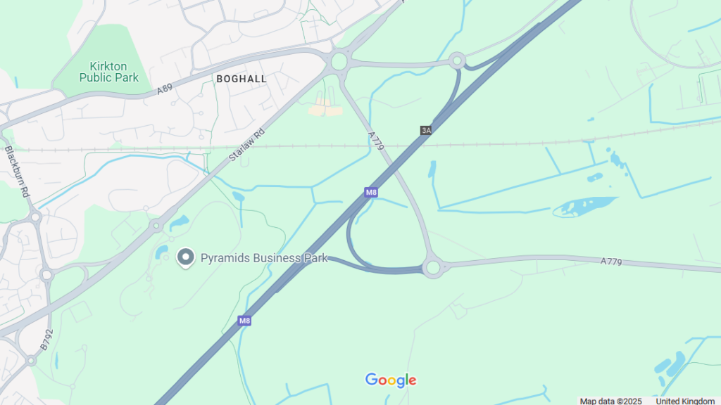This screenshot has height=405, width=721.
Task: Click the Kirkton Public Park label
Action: [108, 72]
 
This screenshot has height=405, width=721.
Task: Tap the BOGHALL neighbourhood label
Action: [242, 79]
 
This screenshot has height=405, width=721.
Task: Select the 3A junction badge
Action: [425, 130]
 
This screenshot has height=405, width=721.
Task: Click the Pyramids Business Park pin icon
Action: [185, 257]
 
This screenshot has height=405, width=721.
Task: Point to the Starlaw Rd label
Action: [247, 146]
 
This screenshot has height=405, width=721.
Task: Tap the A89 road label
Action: [164, 89]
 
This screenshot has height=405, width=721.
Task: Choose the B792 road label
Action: [46, 340]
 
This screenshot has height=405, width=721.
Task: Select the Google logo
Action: [391, 380]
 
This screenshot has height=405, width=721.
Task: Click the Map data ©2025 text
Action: [610, 401]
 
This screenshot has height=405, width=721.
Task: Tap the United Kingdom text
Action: [685, 401]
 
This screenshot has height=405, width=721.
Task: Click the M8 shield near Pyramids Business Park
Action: [244, 321]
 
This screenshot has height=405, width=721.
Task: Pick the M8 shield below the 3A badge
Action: [371, 192]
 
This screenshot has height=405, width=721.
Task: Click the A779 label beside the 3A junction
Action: [376, 141]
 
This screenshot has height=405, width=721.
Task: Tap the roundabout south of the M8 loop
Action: [432, 267]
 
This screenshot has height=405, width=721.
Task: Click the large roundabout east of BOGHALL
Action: [339, 62]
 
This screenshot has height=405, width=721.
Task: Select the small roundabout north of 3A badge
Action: [457, 60]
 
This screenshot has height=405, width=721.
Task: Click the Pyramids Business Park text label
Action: [264, 258]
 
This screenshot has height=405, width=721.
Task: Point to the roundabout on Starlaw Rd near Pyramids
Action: [156, 226]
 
